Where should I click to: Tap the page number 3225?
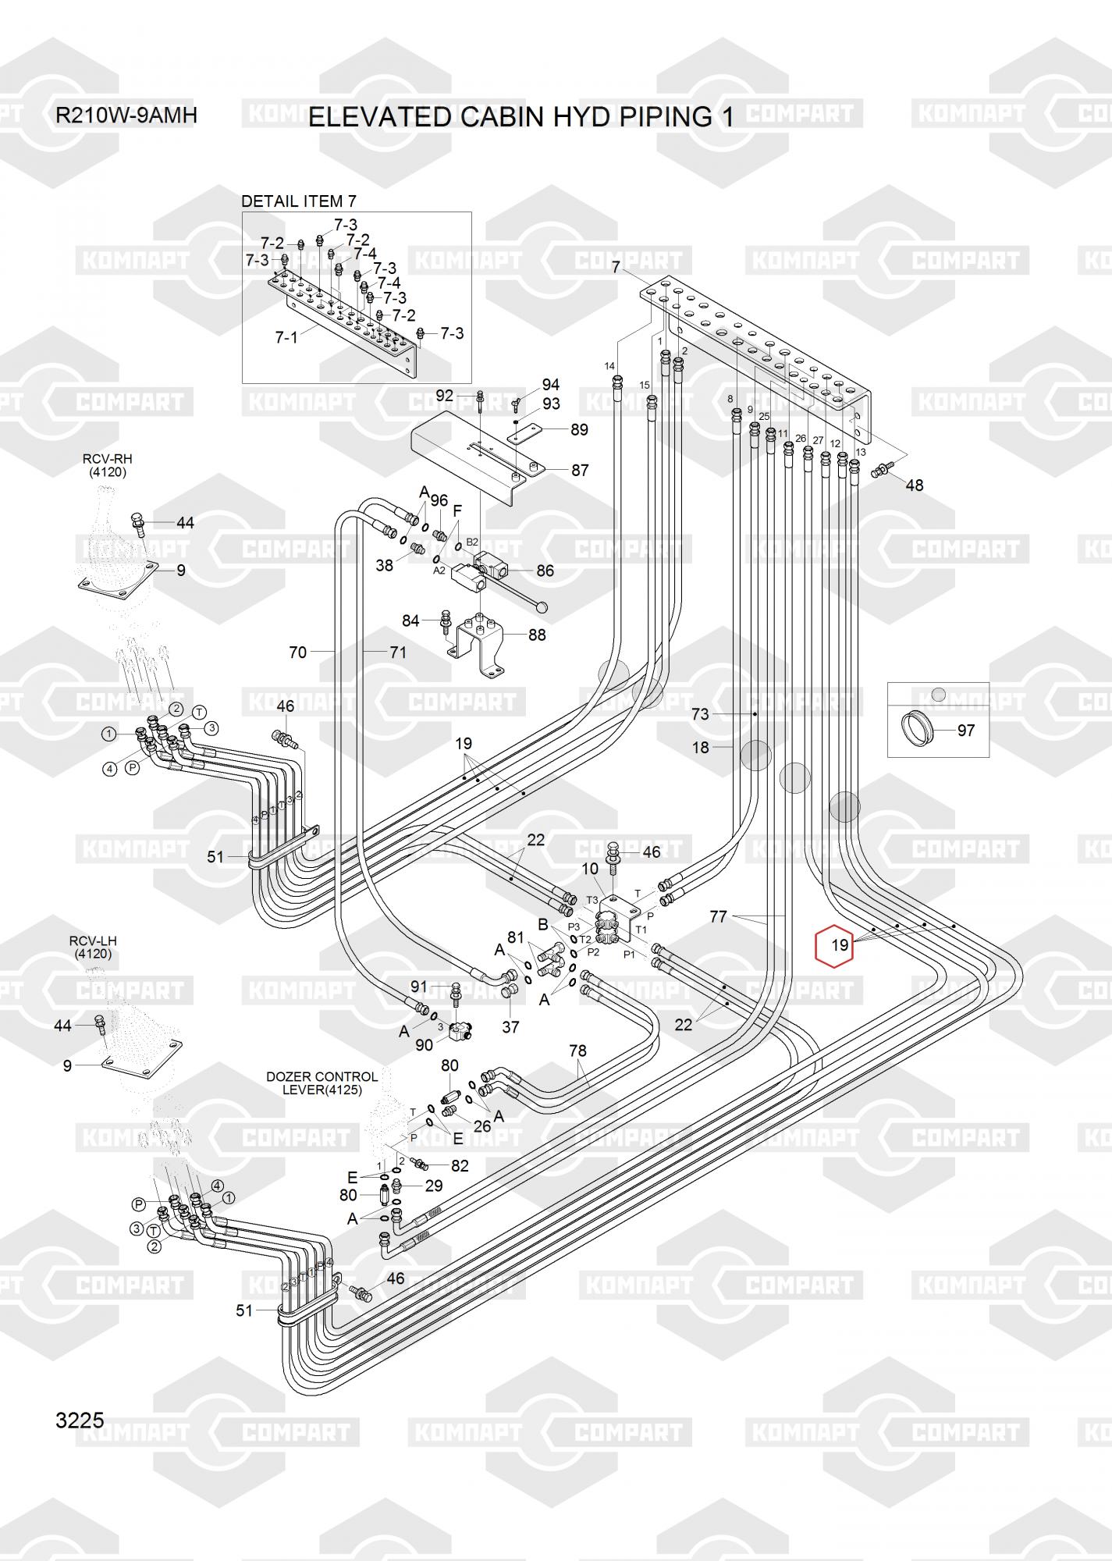(80, 1420)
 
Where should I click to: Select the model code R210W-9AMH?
(126, 116)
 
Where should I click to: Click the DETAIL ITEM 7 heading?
(298, 201)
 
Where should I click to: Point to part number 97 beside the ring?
(965, 731)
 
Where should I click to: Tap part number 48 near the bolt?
(914, 485)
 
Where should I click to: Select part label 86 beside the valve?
(545, 571)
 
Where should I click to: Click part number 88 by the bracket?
(537, 635)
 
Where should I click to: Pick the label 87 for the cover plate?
(580, 471)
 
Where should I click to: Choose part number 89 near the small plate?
(579, 429)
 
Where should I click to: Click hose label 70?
(298, 652)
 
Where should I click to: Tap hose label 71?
(398, 652)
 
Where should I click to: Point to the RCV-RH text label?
(108, 465)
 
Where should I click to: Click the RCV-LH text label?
(92, 948)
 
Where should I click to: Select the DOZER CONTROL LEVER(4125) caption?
(322, 1083)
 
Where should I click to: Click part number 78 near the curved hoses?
(577, 1051)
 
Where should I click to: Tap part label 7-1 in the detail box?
(286, 338)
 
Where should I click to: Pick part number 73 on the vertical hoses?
(700, 714)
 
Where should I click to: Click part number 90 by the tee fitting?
(424, 1044)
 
